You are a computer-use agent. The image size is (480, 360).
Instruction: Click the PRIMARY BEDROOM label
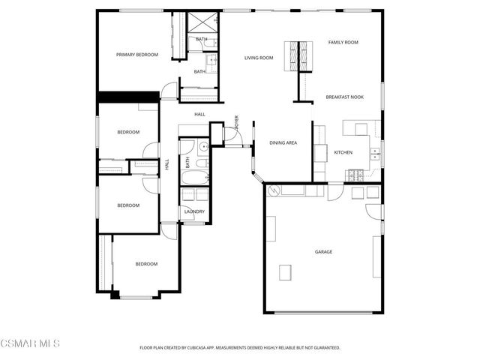pyautogui.click(x=136, y=55)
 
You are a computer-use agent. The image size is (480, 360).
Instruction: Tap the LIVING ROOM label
pyautogui.click(x=258, y=58)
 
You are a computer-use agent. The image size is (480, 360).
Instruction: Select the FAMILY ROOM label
pyautogui.click(x=343, y=42)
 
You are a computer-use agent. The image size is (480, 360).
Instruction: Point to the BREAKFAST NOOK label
pyautogui.click(x=344, y=97)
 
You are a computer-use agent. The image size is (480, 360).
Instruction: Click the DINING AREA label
pyautogui.click(x=283, y=142)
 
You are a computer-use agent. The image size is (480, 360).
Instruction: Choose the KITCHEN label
pyautogui.click(x=343, y=152)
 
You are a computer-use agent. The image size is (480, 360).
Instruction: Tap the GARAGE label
pyautogui.click(x=323, y=251)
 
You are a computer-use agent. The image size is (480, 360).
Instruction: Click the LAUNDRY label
pyautogui.click(x=194, y=212)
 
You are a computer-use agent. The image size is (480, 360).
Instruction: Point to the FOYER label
pyautogui.click(x=236, y=122)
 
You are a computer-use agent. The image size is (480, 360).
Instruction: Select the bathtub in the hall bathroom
pyautogui.click(x=195, y=178)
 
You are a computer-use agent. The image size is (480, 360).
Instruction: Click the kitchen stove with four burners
pyautogui.click(x=355, y=175)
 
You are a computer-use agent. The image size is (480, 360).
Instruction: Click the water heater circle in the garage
pyautogui.click(x=275, y=190)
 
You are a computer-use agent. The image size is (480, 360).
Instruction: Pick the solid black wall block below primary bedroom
pyautogui.click(x=128, y=97)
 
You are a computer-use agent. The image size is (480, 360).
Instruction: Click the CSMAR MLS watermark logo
pyautogui.click(x=30, y=343)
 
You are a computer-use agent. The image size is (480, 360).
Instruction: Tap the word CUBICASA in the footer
pyautogui.click(x=213, y=348)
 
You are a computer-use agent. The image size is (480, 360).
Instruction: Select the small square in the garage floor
pyautogui.click(x=285, y=271)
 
